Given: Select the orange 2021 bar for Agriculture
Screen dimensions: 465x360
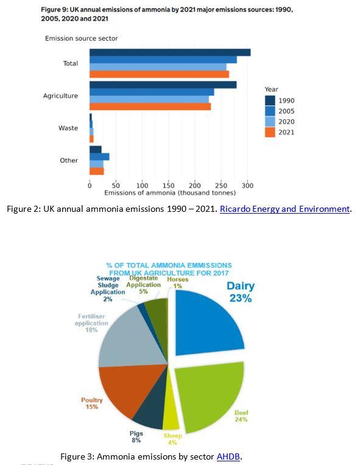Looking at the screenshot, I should tap(150, 107).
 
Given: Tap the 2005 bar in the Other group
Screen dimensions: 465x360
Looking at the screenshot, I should tap(99, 156).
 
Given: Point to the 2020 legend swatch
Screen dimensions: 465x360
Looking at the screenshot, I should tap(270, 122).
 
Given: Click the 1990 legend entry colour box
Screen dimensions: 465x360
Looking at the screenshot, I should tap(270, 100).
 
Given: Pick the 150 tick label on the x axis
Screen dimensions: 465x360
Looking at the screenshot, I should tap(169, 185).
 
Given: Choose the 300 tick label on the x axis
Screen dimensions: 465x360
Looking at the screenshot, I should tap(247, 185).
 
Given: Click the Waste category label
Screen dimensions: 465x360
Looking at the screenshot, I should tap(68, 128).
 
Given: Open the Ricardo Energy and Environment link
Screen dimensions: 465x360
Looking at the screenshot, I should tap(284, 209).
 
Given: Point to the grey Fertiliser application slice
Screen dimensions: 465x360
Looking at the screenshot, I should tap(125, 341).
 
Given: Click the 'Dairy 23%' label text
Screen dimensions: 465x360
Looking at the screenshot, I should tap(241, 292).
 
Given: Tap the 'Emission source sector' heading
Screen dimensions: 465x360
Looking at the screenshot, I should tap(81, 38).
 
